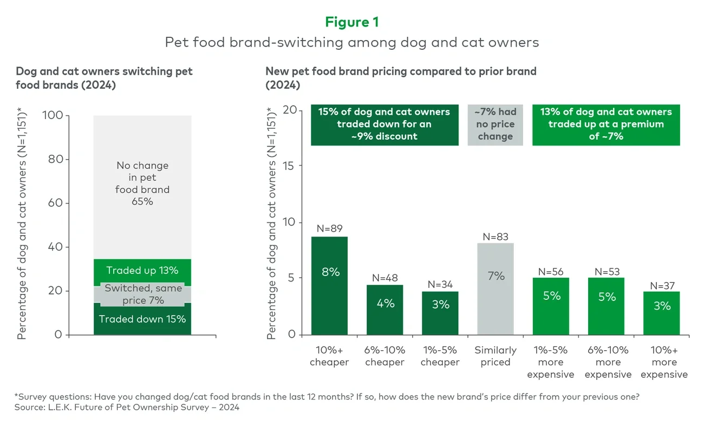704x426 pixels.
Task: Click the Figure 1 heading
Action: (351, 22)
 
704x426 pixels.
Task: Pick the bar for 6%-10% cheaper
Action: (384, 309)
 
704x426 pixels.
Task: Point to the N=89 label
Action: (330, 228)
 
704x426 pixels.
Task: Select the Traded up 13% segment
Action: (142, 271)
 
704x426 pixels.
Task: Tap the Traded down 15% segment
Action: (142, 319)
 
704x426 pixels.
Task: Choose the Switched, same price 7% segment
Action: (142, 294)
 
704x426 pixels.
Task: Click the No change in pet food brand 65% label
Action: (142, 183)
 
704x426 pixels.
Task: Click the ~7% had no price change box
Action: (495, 124)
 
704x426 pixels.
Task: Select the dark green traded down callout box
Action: (384, 124)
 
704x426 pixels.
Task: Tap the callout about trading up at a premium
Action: (606, 124)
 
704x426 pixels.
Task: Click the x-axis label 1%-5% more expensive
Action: (550, 362)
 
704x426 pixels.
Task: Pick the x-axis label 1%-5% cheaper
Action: (440, 356)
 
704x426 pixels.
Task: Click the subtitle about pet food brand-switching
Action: (351, 42)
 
